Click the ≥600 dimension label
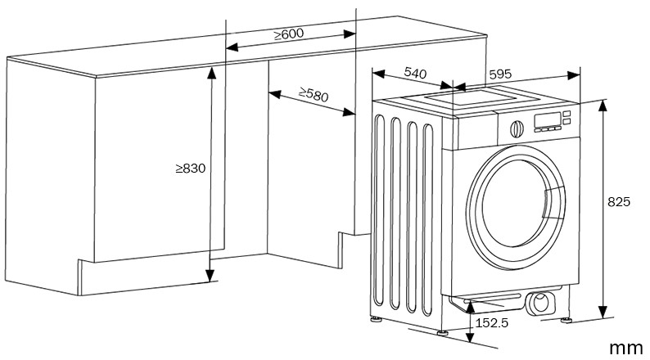point(288,34)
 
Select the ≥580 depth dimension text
point(313,95)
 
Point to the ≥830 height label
point(189,169)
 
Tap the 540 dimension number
point(416,74)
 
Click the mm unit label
point(625,349)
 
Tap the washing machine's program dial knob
point(517,128)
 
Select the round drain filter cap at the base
point(541,304)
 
